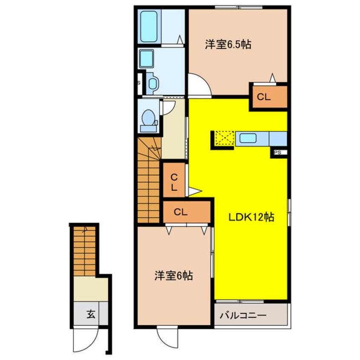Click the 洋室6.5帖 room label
(x=228, y=44)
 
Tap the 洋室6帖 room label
(x=174, y=275)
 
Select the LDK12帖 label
(x=251, y=217)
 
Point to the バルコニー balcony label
(x=243, y=315)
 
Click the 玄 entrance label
(x=91, y=314)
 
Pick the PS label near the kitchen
(x=278, y=153)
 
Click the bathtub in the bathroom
(x=149, y=27)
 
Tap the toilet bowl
(x=149, y=117)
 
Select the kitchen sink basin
(x=248, y=138)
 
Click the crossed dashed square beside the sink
(x=225, y=138)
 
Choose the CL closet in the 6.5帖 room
(x=270, y=97)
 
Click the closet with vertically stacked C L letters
(x=174, y=180)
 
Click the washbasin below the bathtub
(x=147, y=59)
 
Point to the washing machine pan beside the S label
(x=152, y=83)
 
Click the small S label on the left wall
(x=139, y=83)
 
